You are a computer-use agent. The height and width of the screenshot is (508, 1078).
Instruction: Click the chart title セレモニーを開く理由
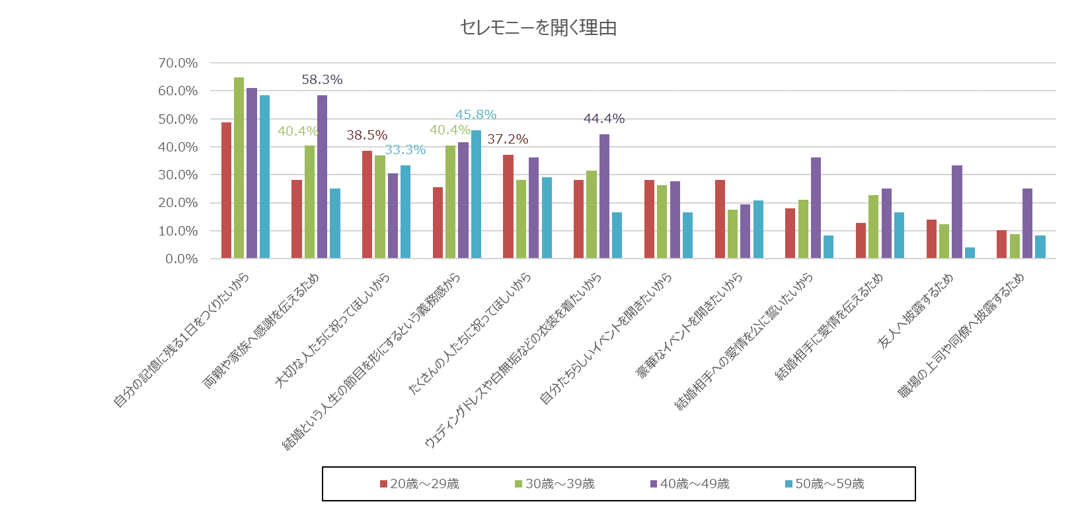click(538, 28)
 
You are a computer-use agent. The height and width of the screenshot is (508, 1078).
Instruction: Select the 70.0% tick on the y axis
click(178, 63)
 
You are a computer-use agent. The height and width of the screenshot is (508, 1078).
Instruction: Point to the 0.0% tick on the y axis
click(181, 259)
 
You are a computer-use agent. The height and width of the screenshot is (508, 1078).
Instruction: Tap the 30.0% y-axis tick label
click(178, 175)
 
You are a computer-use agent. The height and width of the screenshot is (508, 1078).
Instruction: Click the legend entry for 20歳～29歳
click(420, 484)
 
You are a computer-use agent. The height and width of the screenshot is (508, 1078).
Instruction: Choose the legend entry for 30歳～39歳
click(555, 484)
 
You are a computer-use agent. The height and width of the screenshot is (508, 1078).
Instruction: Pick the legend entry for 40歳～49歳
click(690, 484)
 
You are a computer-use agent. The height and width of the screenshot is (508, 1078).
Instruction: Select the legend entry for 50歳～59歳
click(825, 484)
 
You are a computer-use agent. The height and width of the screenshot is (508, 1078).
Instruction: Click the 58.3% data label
click(322, 79)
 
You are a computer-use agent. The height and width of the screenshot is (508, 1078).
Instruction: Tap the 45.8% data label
click(476, 114)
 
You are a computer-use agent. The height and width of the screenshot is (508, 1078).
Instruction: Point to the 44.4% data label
click(604, 118)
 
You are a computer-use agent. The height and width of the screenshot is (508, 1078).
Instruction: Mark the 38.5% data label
click(367, 135)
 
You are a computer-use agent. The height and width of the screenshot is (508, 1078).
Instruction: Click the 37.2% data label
click(508, 139)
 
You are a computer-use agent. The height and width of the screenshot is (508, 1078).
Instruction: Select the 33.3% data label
click(405, 150)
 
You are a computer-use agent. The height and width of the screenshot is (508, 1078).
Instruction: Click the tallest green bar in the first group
click(239, 168)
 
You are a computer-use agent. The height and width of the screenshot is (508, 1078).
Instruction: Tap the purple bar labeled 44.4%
click(604, 196)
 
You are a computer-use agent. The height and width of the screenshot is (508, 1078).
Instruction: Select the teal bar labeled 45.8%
click(476, 194)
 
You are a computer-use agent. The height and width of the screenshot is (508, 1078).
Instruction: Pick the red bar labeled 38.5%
click(367, 204)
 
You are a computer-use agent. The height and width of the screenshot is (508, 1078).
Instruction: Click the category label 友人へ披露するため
click(915, 311)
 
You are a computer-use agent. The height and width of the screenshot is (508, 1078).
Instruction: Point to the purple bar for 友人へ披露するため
click(956, 212)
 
